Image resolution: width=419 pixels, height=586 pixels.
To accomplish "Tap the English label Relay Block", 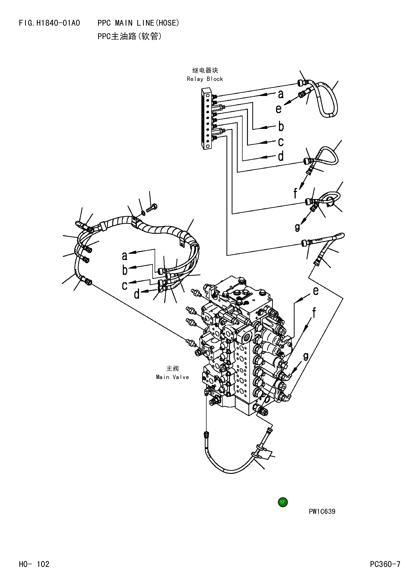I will (205, 79).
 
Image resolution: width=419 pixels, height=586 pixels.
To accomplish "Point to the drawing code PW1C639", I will (322, 511).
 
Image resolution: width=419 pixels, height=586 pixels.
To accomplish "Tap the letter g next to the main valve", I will (306, 356).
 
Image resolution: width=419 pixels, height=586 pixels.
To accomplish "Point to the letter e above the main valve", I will (316, 291).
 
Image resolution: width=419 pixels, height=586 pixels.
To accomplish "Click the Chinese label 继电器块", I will (205, 70).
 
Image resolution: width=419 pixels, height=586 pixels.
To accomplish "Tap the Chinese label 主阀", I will (172, 368).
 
